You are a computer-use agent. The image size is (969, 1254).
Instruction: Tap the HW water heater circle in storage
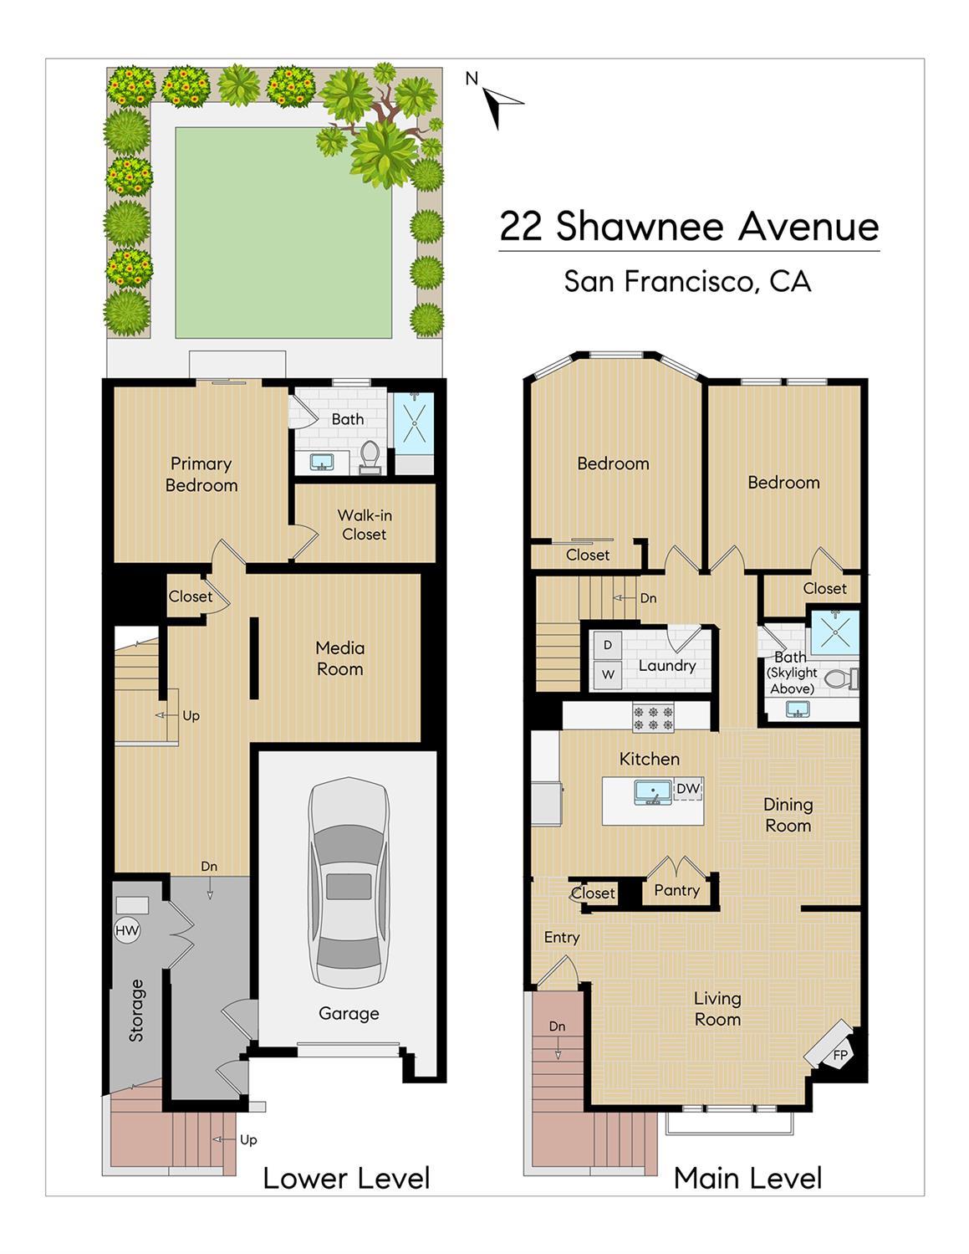127,930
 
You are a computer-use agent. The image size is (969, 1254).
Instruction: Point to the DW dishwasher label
688,788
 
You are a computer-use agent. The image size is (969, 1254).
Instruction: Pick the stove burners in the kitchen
654,717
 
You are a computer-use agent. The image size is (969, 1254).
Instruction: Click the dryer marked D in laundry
607,645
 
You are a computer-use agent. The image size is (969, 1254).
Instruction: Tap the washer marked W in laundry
607,674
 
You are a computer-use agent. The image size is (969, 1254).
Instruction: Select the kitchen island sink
653,792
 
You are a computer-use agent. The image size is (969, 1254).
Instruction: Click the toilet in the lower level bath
370,458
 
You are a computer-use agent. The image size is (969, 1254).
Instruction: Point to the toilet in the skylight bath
842,679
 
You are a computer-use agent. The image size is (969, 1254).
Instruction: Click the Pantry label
676,890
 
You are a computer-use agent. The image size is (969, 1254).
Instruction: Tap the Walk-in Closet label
364,525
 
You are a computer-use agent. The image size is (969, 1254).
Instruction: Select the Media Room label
339,658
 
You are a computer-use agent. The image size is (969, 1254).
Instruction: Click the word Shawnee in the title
639,226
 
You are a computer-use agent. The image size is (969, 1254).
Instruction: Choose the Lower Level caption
347,1179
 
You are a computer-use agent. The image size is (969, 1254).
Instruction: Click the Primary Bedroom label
201,474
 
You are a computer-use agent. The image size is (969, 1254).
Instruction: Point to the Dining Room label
788,815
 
